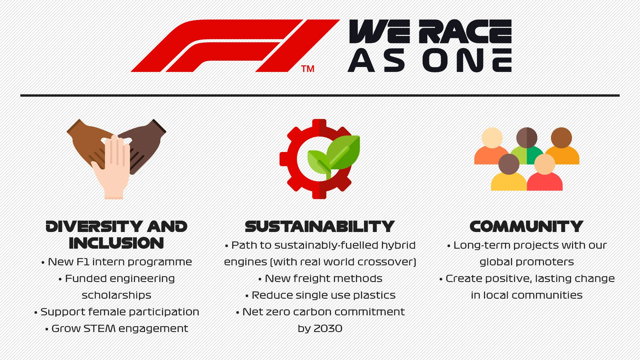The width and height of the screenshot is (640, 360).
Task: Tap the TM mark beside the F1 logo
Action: click(x=307, y=69)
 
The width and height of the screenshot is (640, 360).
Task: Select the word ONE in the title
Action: click(x=467, y=60)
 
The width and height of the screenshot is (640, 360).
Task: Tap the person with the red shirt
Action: click(x=545, y=177)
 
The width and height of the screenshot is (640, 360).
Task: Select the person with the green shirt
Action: click(x=527, y=147)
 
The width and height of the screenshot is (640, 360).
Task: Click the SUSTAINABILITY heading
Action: click(x=320, y=227)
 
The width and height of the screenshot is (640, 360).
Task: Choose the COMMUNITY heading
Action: click(x=526, y=227)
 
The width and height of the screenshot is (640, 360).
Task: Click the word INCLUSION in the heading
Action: click(x=116, y=243)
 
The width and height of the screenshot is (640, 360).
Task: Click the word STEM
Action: click(x=99, y=329)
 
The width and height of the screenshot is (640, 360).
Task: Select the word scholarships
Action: click(x=116, y=295)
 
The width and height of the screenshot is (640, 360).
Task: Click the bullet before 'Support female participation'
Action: click(x=36, y=313)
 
